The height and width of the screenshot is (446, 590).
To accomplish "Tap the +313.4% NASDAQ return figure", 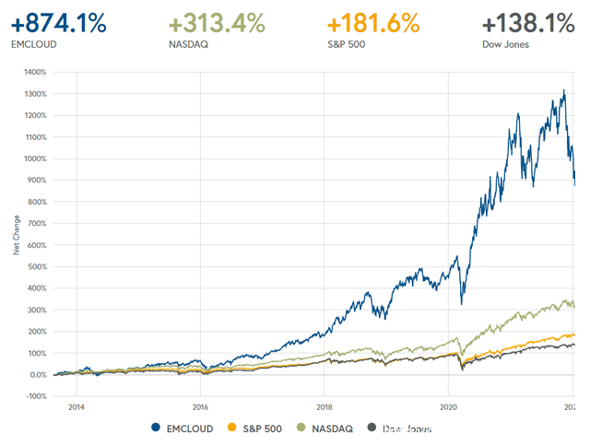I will pos(216,22).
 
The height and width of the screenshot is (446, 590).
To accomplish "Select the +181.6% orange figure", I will pos(373,22).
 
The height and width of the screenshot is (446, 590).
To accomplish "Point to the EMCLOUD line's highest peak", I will pos(564,90).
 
